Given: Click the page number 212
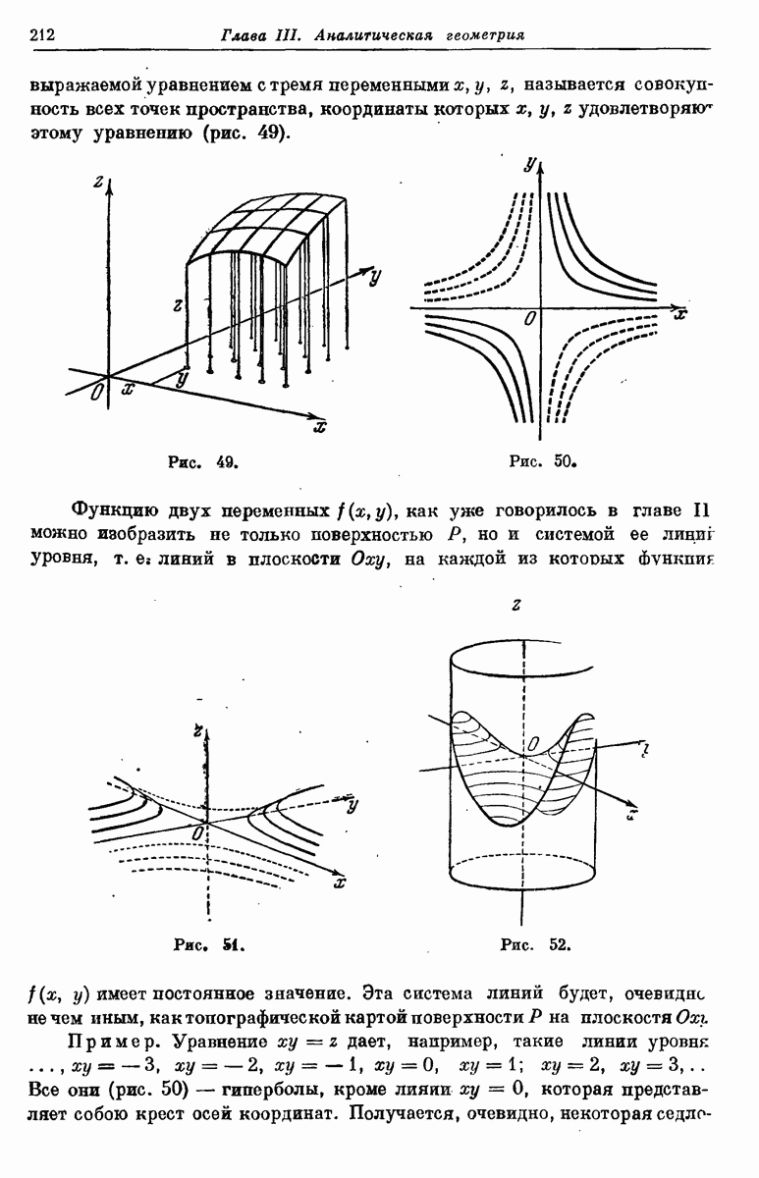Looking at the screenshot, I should coord(41,36).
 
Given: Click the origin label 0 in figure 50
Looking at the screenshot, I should coord(530,319).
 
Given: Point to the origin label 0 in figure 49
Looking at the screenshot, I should coord(95,393).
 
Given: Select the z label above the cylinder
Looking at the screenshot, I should coord(515,606).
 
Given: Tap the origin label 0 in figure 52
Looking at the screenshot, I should coord(531,748).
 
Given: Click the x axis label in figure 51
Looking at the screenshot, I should coord(340,883).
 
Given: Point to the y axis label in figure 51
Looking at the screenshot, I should coord(351,805).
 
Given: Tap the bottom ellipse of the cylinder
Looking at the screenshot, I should coord(521,873).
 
